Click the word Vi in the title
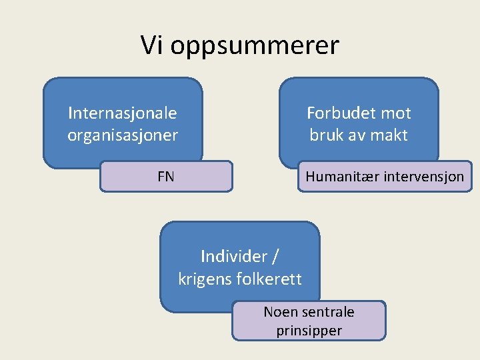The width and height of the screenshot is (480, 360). (152, 46)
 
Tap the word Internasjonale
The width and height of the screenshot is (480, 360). (122, 113)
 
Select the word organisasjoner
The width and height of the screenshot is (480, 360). (123, 135)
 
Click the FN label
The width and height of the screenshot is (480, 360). (166, 177)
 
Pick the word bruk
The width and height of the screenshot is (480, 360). (327, 135)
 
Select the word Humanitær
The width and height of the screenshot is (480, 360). (341, 177)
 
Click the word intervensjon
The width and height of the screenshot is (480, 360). (423, 177)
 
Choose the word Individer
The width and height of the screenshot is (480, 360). (232, 256)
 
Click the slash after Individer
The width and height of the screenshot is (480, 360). (275, 256)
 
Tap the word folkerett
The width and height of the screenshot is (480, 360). (269, 279)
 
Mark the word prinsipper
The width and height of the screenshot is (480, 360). (309, 331)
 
